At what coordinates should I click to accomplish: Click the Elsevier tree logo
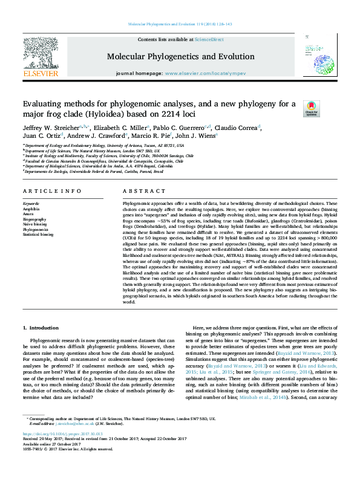pyautogui.click(x=41, y=56)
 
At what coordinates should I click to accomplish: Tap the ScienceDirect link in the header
pyautogui.click(x=209, y=39)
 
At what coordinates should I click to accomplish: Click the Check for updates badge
pyautogui.click(x=312, y=109)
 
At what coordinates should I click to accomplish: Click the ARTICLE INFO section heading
pyautogui.click(x=52, y=191)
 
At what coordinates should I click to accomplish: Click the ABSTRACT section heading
pyautogui.click(x=136, y=191)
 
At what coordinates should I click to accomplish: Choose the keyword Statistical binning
pyautogui.click(x=38, y=234)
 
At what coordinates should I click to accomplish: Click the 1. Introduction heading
pyautogui.click(x=41, y=328)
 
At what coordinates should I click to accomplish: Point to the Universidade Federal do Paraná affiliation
pyautogui.click(x=94, y=171)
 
